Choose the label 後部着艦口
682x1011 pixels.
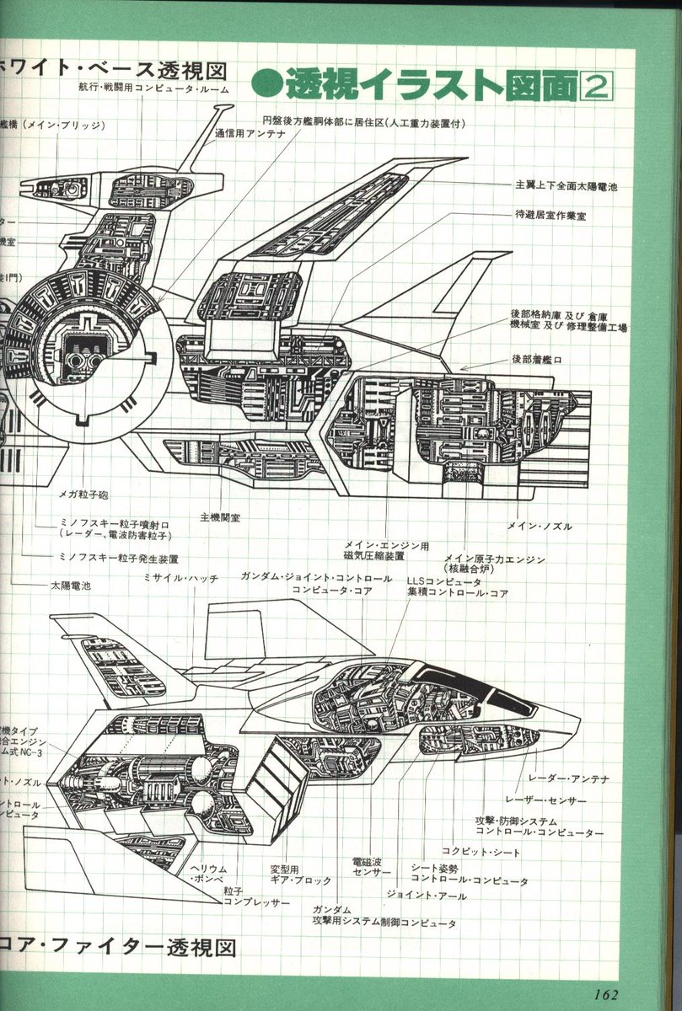(541, 358)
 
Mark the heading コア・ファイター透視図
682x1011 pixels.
(118, 948)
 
